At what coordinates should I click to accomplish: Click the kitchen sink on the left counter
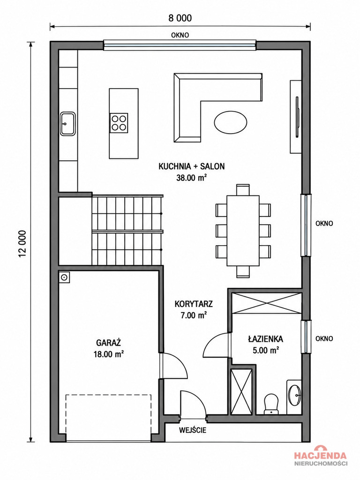pos(67,124)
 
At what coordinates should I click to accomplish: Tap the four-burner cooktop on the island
pos(119,122)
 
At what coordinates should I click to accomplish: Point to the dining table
pos(243,231)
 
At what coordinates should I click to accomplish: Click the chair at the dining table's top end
pos(243,190)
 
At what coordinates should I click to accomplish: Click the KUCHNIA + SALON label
pos(192,166)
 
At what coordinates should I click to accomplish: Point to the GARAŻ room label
pos(108,342)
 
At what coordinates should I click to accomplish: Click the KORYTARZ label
pos(194,304)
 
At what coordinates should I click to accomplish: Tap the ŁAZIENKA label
pos(265,338)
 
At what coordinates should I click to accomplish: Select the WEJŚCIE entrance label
pos(193,430)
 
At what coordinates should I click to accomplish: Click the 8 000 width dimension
pos(180,18)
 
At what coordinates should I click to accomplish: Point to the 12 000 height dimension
pos(22,244)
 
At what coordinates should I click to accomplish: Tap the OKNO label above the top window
pos(180,35)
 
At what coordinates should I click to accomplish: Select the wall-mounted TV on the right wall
pos(297,117)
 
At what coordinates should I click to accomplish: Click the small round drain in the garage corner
pos(64,277)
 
